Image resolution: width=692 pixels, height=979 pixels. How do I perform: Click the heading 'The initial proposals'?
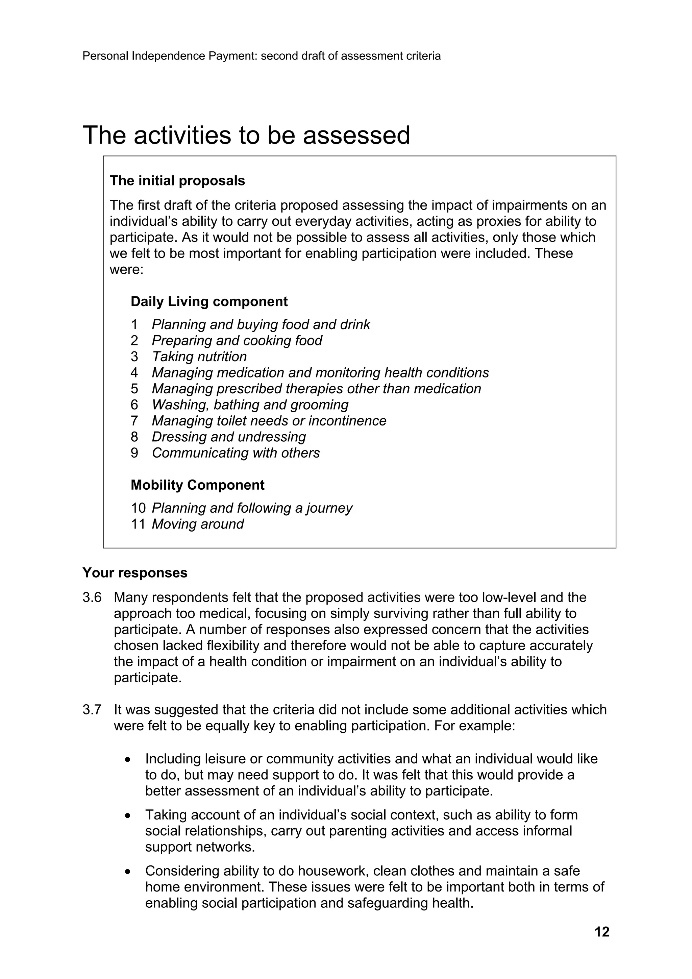(177, 181)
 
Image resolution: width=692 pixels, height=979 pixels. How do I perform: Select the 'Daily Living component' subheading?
(209, 301)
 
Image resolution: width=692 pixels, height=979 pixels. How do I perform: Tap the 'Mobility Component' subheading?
(197, 485)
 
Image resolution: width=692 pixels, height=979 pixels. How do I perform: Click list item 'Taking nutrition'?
(199, 357)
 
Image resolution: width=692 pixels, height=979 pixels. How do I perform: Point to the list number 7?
(134, 421)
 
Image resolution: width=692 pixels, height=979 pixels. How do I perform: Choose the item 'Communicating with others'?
(236, 453)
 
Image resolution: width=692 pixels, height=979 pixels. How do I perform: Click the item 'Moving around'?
(198, 524)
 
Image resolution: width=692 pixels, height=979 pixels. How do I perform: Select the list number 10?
(138, 508)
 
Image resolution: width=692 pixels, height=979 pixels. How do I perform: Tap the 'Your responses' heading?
(135, 573)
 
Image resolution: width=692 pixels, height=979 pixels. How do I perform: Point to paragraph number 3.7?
(92, 710)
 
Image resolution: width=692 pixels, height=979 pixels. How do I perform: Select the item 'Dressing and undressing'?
(229, 437)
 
